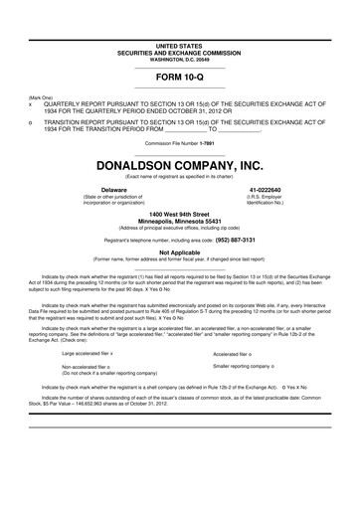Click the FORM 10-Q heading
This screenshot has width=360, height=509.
click(179, 76)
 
